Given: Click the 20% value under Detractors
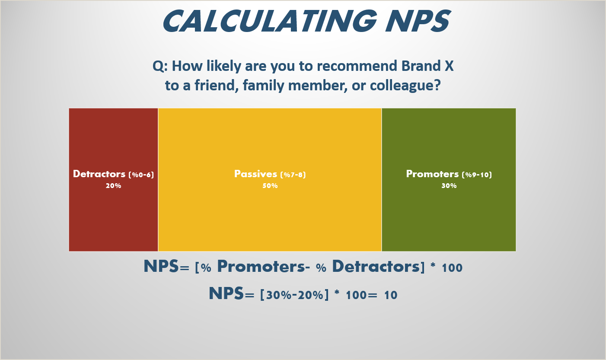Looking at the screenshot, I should click(113, 186).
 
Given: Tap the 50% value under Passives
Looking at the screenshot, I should click(270, 186).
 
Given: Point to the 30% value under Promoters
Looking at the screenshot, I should click(449, 186).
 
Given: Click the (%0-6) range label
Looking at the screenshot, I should click(141, 175).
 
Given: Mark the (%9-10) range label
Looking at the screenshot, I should click(477, 175).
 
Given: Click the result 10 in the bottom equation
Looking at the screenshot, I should click(390, 296).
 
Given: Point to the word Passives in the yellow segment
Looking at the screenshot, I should click(255, 174).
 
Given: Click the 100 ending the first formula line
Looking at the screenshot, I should click(452, 268).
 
